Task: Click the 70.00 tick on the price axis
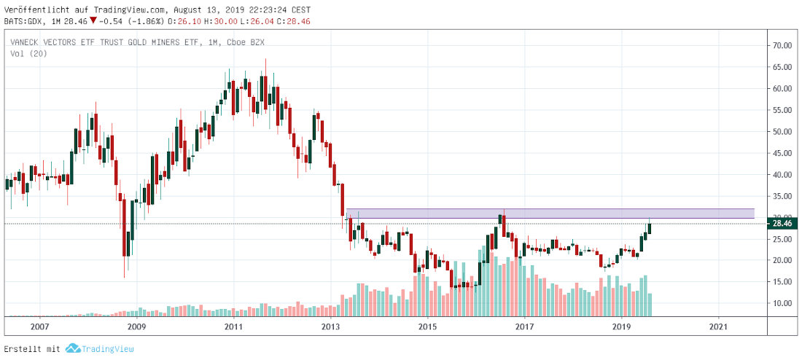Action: tap(782, 46)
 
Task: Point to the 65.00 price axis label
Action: tap(782, 67)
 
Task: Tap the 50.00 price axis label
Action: tap(782, 132)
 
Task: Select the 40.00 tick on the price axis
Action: tap(782, 175)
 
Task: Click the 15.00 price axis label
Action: tap(782, 282)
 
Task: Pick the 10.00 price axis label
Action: tap(782, 303)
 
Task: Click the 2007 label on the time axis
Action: tap(39, 326)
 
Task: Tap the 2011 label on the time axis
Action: tap(233, 326)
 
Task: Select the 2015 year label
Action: tap(427, 326)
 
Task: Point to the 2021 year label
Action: tap(718, 326)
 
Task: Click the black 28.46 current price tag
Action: tap(783, 224)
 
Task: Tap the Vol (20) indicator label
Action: tap(28, 54)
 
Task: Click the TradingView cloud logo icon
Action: tap(72, 349)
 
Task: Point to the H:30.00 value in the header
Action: tap(212, 22)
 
